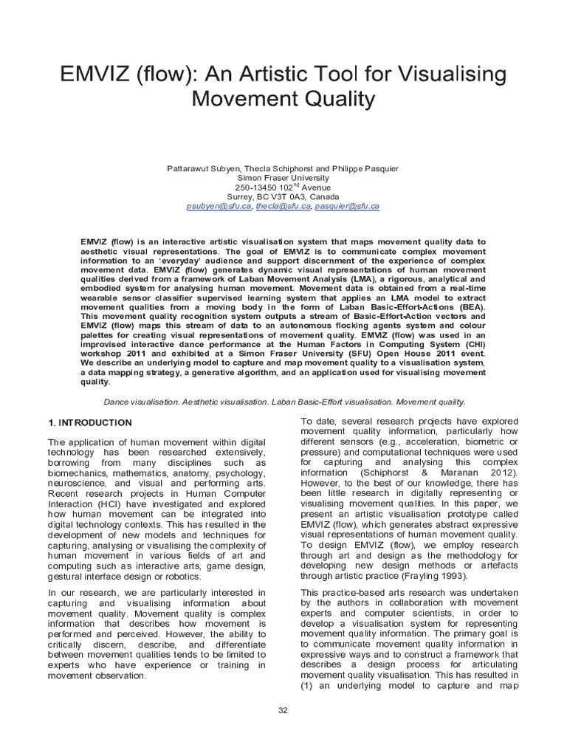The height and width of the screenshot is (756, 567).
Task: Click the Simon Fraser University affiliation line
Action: point(283,178)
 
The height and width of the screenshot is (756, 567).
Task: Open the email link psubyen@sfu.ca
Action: point(219,207)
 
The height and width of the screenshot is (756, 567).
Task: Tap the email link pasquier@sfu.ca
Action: point(347,207)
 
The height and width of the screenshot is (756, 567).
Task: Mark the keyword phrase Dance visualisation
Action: point(139,402)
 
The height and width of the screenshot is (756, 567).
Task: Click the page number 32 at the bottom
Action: point(283,710)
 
